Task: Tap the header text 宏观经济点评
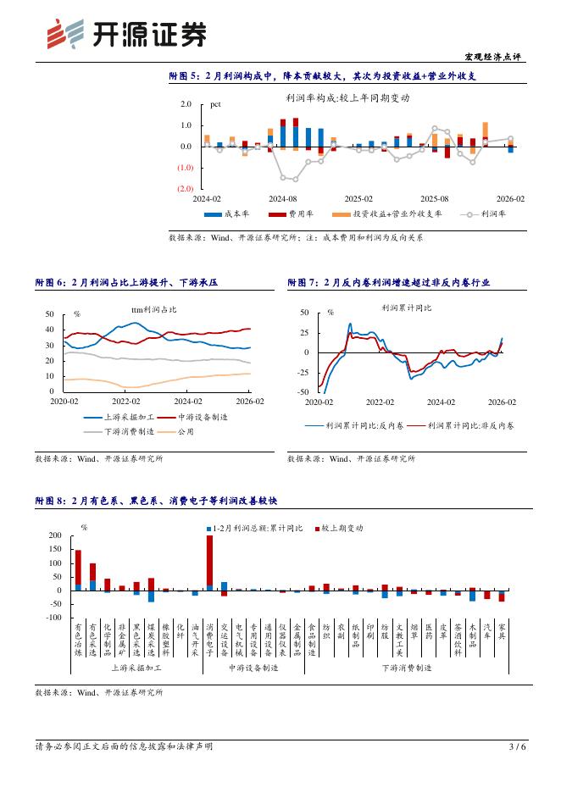[x=494, y=56]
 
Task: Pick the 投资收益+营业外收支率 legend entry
[x=397, y=214]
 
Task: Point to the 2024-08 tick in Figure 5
[x=283, y=198]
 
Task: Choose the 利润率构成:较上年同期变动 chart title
[x=347, y=98]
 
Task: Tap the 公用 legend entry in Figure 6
[x=185, y=431]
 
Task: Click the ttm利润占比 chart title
[x=154, y=310]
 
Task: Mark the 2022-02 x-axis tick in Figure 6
[x=125, y=402]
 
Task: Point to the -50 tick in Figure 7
[x=303, y=392]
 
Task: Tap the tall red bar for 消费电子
[x=209, y=560]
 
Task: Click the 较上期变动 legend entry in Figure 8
[x=342, y=528]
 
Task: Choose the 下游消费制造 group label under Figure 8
[x=406, y=668]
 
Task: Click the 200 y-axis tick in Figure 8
[x=56, y=536]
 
